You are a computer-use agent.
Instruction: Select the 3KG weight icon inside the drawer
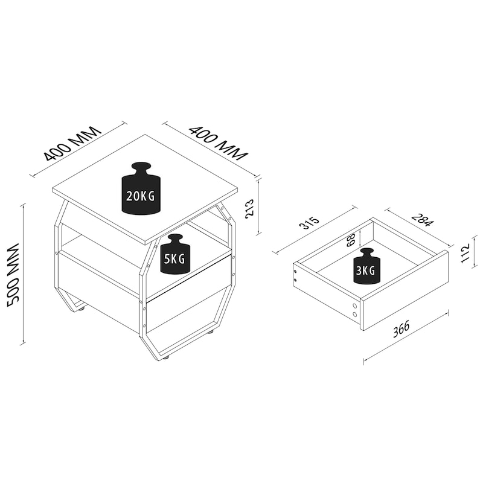click(367, 266)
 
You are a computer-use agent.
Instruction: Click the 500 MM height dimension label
click(13, 275)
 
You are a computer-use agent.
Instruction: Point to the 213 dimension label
click(249, 208)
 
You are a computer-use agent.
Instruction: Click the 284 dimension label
click(422, 219)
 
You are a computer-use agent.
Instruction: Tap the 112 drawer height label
click(465, 253)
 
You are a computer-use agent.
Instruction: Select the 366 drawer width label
click(401, 329)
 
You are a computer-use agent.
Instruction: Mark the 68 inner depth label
click(351, 240)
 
